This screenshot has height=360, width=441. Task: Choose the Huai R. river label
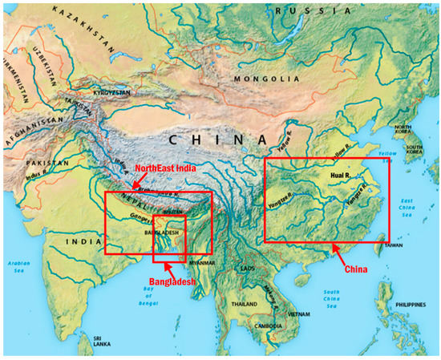click(341, 173)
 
